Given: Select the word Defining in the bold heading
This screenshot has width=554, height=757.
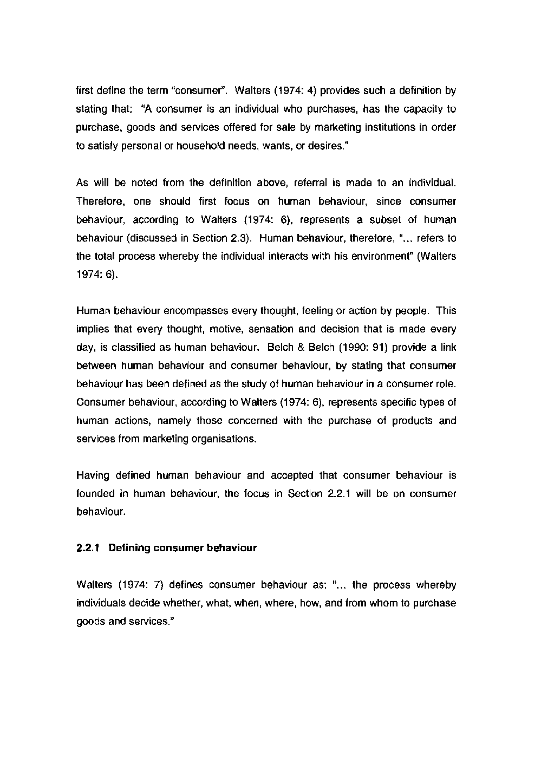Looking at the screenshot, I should pyautogui.click(x=129, y=548).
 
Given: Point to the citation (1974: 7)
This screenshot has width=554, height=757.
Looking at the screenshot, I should pyautogui.click(x=141, y=585).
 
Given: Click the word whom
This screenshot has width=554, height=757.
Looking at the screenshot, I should pyautogui.click(x=384, y=603).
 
